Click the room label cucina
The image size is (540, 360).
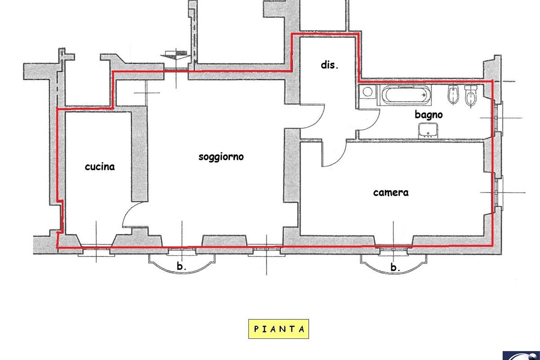tap(99, 167)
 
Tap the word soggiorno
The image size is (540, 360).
tap(221, 157)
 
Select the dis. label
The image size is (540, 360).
tap(329, 65)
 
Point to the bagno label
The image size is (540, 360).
tap(428, 115)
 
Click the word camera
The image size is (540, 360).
tap(391, 193)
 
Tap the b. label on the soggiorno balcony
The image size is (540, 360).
tap(181, 266)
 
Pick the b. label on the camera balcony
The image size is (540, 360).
tap(395, 267)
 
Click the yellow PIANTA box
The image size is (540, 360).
tap(279, 329)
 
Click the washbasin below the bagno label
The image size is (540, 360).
tap(428, 130)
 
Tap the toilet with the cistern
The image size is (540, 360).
tap(471, 96)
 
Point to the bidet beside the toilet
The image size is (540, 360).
tap(453, 94)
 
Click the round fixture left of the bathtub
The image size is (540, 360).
tap(368, 92)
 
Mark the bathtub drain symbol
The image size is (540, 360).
tap(423, 95)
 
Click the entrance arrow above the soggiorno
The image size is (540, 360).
tap(176, 55)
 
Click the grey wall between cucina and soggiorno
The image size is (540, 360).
tap(139, 157)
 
